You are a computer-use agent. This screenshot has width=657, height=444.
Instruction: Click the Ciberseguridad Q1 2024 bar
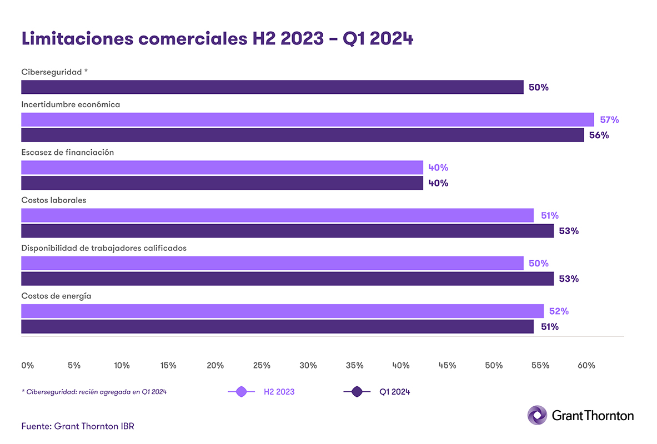click(272, 87)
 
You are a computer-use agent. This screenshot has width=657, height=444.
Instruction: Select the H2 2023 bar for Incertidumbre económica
click(307, 119)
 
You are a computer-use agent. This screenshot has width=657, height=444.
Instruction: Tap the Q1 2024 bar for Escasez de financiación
click(222, 183)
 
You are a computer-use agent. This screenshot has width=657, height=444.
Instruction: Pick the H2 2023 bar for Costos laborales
click(277, 215)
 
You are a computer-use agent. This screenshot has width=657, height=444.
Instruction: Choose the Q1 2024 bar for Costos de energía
click(277, 327)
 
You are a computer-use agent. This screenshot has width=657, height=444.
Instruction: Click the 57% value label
click(609, 120)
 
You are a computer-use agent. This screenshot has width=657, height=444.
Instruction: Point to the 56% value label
click(599, 135)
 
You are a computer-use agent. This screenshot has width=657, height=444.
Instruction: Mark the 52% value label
click(559, 311)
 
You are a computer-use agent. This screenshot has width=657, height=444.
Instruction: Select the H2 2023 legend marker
click(242, 392)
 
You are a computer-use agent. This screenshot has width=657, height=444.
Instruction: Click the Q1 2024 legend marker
click(357, 392)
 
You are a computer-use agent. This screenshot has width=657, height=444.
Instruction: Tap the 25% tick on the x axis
click(262, 365)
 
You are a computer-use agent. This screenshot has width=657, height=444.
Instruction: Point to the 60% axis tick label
click(586, 365)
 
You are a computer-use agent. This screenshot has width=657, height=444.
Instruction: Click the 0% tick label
click(27, 365)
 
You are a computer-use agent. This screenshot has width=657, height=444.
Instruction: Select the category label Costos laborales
click(54, 200)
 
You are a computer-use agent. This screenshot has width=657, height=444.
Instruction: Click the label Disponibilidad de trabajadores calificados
click(104, 248)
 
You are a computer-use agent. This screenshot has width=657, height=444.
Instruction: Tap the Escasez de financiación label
click(68, 152)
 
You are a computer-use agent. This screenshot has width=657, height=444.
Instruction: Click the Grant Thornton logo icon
click(537, 415)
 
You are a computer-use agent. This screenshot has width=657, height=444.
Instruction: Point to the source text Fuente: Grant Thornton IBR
click(78, 426)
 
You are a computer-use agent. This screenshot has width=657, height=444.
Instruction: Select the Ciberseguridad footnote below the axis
click(94, 392)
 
